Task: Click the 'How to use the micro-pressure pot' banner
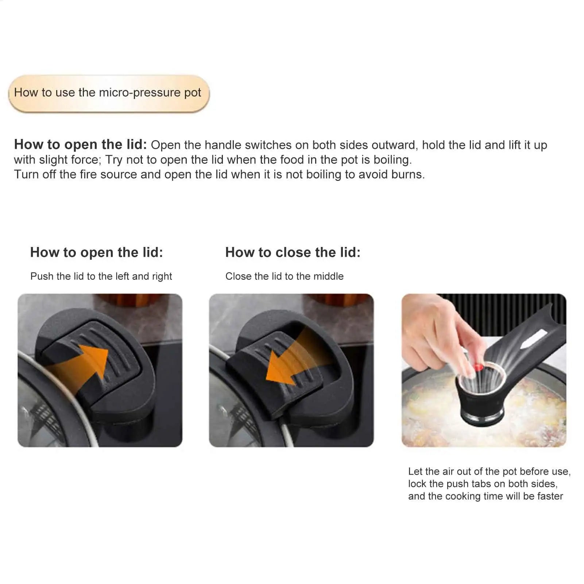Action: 108,93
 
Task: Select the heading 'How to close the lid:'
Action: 293,252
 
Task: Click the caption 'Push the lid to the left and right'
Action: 101,276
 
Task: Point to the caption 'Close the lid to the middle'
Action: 284,276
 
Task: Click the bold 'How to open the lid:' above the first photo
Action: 96,252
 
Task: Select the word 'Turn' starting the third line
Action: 26,175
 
